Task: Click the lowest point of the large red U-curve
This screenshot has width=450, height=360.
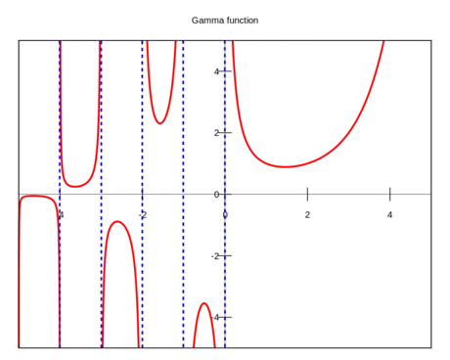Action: coord(287,166)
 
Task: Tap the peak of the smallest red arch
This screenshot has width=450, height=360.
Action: coord(202,304)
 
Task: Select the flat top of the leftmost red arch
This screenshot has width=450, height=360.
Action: coord(36,199)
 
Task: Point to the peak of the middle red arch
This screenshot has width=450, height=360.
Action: coord(119,224)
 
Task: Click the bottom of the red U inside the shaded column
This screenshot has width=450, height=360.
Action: coord(79,184)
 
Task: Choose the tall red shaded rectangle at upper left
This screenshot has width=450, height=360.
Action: coord(79,93)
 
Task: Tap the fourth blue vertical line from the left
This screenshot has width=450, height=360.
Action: coord(183,196)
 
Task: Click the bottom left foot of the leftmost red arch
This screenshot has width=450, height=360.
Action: coord(19,344)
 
